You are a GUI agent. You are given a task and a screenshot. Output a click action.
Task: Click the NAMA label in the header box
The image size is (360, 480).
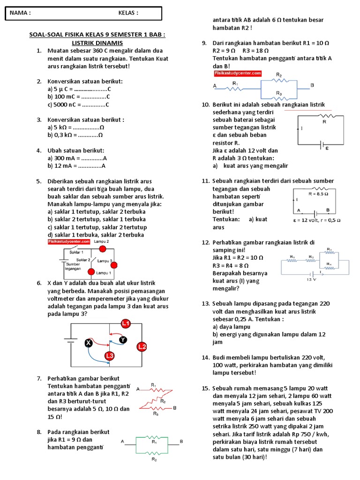[x=20, y=13]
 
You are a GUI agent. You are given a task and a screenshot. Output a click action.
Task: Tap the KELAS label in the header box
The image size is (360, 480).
[x=128, y=13]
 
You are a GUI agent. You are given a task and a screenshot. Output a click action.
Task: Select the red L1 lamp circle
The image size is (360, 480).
[x=126, y=323]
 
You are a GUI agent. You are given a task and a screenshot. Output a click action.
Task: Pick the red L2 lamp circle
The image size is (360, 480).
[x=142, y=346]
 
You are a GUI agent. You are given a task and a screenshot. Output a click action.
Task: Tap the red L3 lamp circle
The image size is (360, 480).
[x=110, y=356]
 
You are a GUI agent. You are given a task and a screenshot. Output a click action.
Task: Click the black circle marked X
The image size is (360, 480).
[x=88, y=343]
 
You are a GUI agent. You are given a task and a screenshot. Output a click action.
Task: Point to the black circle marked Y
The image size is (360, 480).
[x=123, y=339]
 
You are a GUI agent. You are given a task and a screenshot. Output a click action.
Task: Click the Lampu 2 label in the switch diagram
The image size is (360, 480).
[x=102, y=241]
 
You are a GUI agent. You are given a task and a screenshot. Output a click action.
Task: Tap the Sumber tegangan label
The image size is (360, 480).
[x=73, y=266]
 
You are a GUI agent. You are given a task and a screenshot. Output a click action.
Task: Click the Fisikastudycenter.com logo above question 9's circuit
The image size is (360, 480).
[x=237, y=74]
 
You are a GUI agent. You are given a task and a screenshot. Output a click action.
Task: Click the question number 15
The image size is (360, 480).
[x=205, y=389]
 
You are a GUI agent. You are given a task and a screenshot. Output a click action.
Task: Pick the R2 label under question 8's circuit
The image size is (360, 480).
[x=154, y=460]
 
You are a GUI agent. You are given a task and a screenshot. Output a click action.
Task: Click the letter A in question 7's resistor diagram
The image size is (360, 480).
[x=138, y=389]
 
